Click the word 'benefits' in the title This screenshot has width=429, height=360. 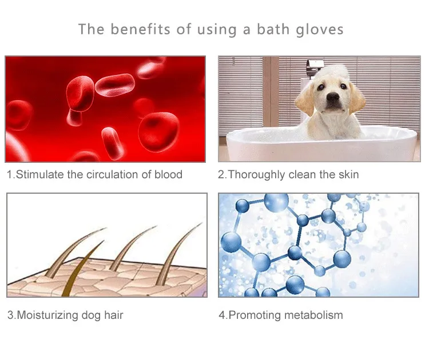coord(140,29)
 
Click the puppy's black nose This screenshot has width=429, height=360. coord(333,97)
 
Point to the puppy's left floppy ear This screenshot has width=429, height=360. coord(305,99)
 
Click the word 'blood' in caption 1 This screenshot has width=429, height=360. coord(168,174)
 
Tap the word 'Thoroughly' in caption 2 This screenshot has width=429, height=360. coord(256,175)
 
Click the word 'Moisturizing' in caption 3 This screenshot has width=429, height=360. coord(47,315)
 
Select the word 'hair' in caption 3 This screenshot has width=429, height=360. coord(114,315)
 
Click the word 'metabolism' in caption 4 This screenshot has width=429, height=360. coord(313,315)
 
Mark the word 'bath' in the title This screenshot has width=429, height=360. coord(273,29)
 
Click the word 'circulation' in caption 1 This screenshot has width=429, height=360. coord(112,174)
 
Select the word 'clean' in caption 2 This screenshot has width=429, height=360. coord(302,174)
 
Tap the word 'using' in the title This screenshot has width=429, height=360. coord(217,30)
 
